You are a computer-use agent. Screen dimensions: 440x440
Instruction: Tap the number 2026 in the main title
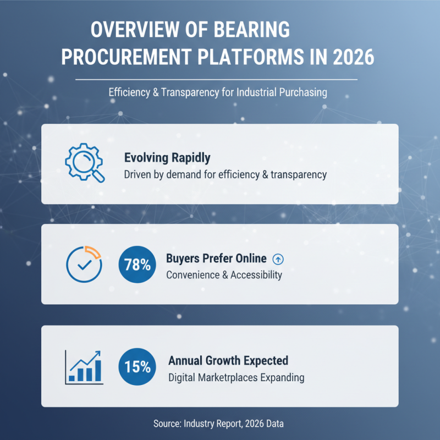pos(347,57)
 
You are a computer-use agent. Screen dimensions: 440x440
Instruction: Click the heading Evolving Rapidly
pos(167,158)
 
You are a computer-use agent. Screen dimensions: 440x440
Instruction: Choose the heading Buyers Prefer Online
pos(216,258)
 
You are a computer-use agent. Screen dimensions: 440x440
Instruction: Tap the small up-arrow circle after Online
pos(278,258)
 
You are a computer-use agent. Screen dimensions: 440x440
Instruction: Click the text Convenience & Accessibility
pos(224,274)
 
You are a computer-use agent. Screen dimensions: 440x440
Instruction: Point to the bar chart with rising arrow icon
pos(84,366)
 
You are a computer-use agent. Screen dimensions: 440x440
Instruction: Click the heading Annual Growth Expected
pos(228,361)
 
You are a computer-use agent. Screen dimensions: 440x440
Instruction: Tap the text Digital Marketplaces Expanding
pos(236,378)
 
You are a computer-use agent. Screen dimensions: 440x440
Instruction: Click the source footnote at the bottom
pos(219,424)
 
